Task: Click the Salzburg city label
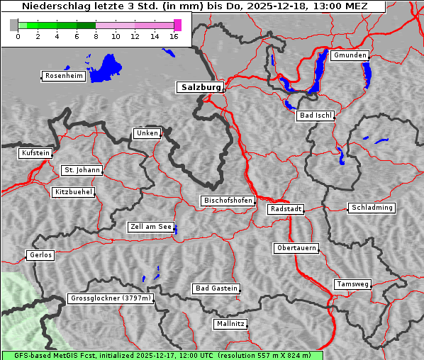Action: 200,87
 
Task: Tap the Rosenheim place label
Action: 64,76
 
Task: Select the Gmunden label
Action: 350,55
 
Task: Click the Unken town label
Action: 147,133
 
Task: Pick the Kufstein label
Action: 35,153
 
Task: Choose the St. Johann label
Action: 82,170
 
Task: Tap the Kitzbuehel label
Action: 73,192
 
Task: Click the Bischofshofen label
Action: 228,201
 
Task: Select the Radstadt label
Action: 286,209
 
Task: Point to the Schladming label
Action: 372,208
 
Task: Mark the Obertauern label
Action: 296,248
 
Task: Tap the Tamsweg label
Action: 352,284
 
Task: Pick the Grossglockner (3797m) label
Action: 111,298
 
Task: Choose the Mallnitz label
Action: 230,324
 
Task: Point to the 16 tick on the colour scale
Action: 174,36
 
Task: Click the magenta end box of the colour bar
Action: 177,25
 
